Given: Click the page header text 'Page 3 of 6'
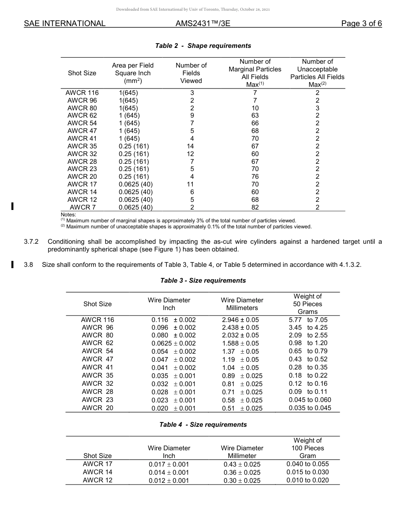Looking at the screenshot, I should tap(361, 24).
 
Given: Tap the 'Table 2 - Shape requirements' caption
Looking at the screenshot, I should tap(203, 46).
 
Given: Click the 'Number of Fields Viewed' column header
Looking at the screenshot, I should tap(191, 73).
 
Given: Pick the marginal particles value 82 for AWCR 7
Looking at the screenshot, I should tap(255, 207).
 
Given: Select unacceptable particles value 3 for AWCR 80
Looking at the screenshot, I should tap(317, 108).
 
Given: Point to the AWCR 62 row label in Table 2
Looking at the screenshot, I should tap(82, 115).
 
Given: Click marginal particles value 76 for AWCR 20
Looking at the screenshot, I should tap(255, 177).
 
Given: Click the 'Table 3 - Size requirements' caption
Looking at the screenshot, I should tap(203, 281).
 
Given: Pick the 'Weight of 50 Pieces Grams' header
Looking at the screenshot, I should tap(308, 304).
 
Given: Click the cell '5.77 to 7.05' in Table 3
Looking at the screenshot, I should tap(308, 319).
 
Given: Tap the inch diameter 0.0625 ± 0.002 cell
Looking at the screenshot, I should tap(174, 343).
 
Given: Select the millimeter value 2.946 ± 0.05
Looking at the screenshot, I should tap(240, 319).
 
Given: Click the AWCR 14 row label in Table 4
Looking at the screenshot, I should tap(97, 472).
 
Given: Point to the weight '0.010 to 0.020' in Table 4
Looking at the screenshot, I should tap(308, 480).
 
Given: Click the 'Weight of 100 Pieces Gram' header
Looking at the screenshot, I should tap(308, 448).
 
